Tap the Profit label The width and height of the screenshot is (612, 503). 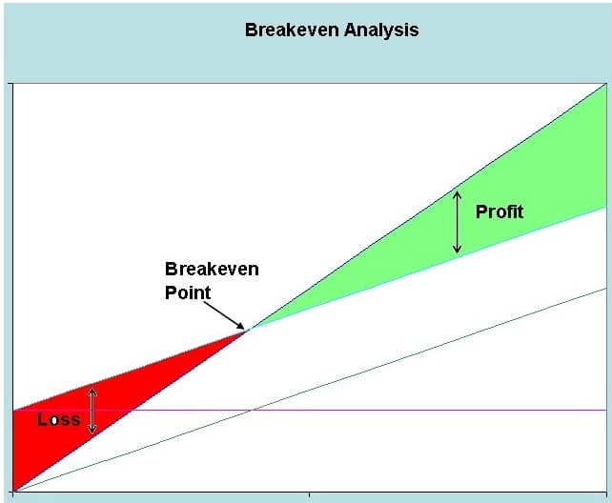pyautogui.click(x=500, y=211)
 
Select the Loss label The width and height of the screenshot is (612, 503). pyautogui.click(x=59, y=419)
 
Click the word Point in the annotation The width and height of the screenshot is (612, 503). pyautogui.click(x=188, y=292)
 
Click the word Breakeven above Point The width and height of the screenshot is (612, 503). pyautogui.click(x=212, y=269)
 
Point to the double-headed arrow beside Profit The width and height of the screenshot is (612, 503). pyautogui.click(x=457, y=222)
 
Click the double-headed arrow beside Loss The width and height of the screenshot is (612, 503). pyautogui.click(x=92, y=411)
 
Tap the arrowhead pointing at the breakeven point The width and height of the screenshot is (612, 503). pyautogui.click(x=239, y=326)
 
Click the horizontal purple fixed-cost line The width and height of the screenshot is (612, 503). pyautogui.click(x=311, y=411)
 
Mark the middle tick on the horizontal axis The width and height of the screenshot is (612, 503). pyautogui.click(x=310, y=494)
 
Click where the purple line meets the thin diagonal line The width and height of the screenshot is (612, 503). pyautogui.click(x=252, y=411)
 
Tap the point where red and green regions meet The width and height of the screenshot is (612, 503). pyautogui.click(x=249, y=330)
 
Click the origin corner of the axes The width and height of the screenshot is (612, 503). pyautogui.click(x=13, y=492)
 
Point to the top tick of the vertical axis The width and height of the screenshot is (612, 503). pyautogui.click(x=10, y=84)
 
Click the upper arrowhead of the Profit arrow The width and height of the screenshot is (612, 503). pyautogui.click(x=457, y=194)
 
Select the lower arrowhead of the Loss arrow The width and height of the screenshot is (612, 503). pyautogui.click(x=92, y=430)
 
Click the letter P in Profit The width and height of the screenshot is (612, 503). pyautogui.click(x=480, y=212)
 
